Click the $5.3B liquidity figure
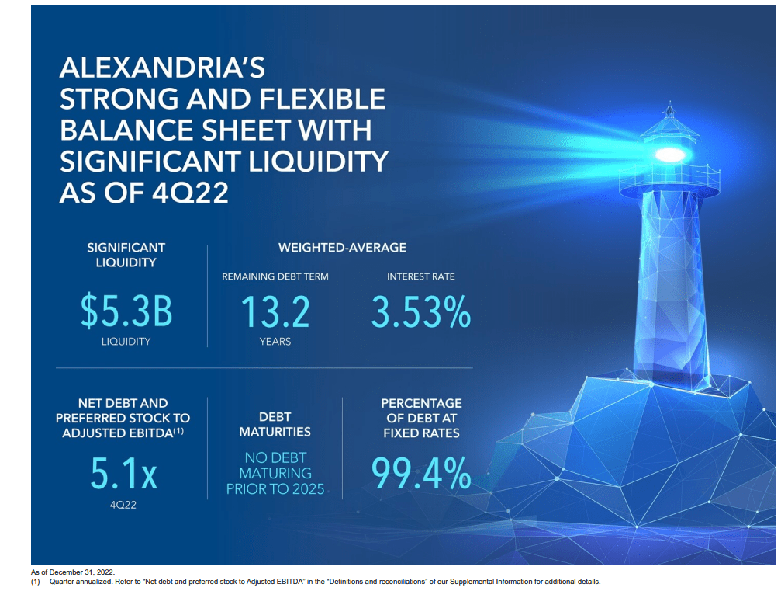(126, 312)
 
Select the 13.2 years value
(275, 312)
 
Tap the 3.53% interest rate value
(420, 312)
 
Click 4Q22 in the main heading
(194, 192)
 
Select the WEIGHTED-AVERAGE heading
(342, 248)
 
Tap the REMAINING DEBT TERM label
(275, 276)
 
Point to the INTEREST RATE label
(420, 276)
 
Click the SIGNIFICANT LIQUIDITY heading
(126, 255)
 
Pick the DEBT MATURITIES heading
(275, 424)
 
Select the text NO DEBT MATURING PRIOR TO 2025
(275, 474)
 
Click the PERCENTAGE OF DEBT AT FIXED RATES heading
(421, 418)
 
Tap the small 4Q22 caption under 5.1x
(123, 504)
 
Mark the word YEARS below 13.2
(275, 342)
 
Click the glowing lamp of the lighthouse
(669, 154)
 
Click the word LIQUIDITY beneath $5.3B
(126, 342)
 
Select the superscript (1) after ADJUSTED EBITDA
(178, 430)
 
